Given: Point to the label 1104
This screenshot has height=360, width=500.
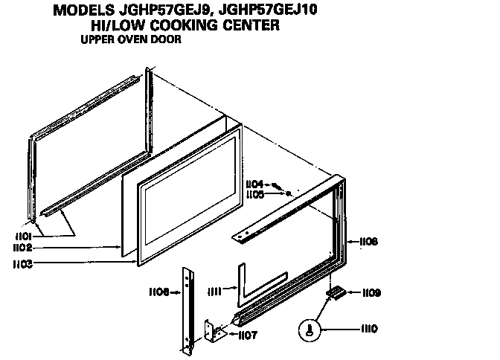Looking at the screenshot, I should coord(254,183).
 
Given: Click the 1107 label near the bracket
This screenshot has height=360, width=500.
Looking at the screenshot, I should coord(247,335).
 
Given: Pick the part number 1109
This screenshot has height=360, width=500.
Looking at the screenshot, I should coord(371,293).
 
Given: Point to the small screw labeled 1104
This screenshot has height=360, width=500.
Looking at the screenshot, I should coord(277,185).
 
